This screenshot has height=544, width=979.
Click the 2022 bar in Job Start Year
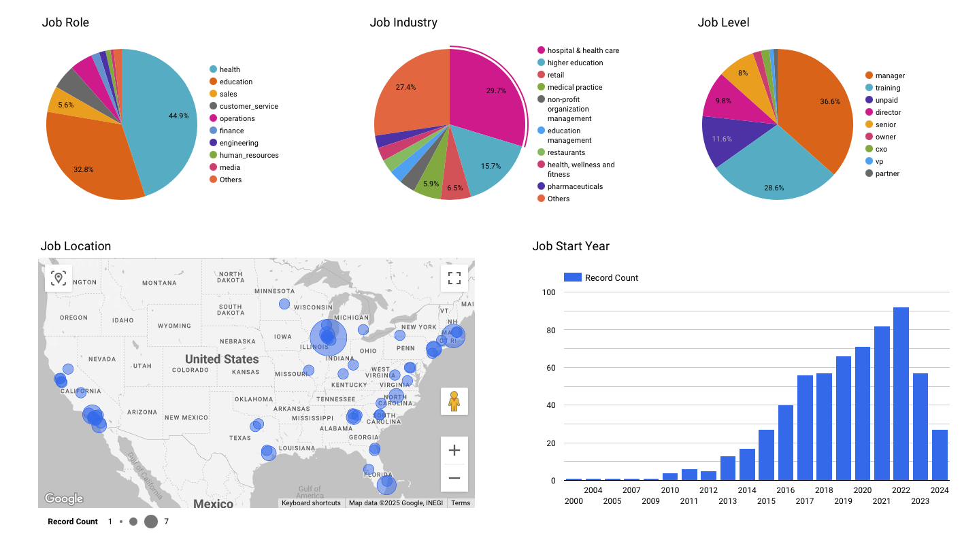(x=901, y=394)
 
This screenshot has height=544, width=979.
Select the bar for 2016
(x=786, y=443)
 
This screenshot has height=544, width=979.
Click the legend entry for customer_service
(x=248, y=106)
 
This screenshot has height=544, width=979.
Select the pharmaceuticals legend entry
(x=575, y=186)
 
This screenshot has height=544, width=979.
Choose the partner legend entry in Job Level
(x=887, y=173)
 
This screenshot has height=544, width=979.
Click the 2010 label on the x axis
(x=670, y=490)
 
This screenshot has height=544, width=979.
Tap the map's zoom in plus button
(x=454, y=450)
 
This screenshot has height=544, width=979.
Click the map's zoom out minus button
(x=454, y=478)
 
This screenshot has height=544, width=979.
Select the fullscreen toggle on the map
(x=454, y=277)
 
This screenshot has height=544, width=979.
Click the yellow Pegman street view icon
(x=454, y=401)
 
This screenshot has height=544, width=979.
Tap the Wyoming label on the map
(x=174, y=326)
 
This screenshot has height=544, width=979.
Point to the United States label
(x=222, y=359)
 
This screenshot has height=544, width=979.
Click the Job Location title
(x=76, y=246)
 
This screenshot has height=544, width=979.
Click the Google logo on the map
(x=64, y=498)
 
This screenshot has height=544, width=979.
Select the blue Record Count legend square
(x=573, y=277)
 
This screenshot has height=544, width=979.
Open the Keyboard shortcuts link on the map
(x=311, y=503)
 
